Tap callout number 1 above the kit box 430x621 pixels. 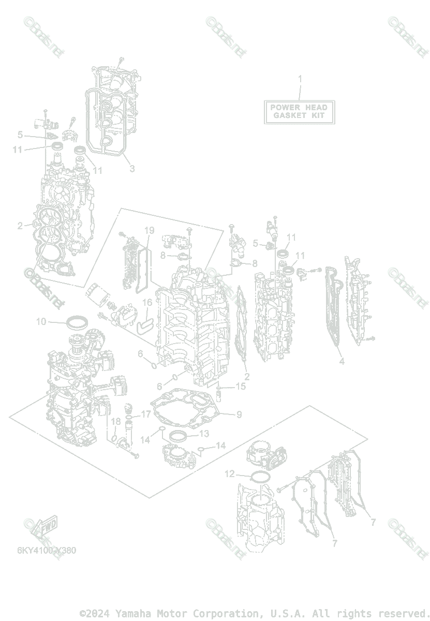300,79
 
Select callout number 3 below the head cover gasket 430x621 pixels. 132,169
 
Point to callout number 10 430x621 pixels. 41,321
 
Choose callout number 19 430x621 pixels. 150,230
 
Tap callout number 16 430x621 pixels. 147,302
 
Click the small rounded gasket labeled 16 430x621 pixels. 144,325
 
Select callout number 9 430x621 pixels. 239,414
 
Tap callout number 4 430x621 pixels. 342,362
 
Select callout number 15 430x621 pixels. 241,386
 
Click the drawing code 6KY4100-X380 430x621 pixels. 47,550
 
